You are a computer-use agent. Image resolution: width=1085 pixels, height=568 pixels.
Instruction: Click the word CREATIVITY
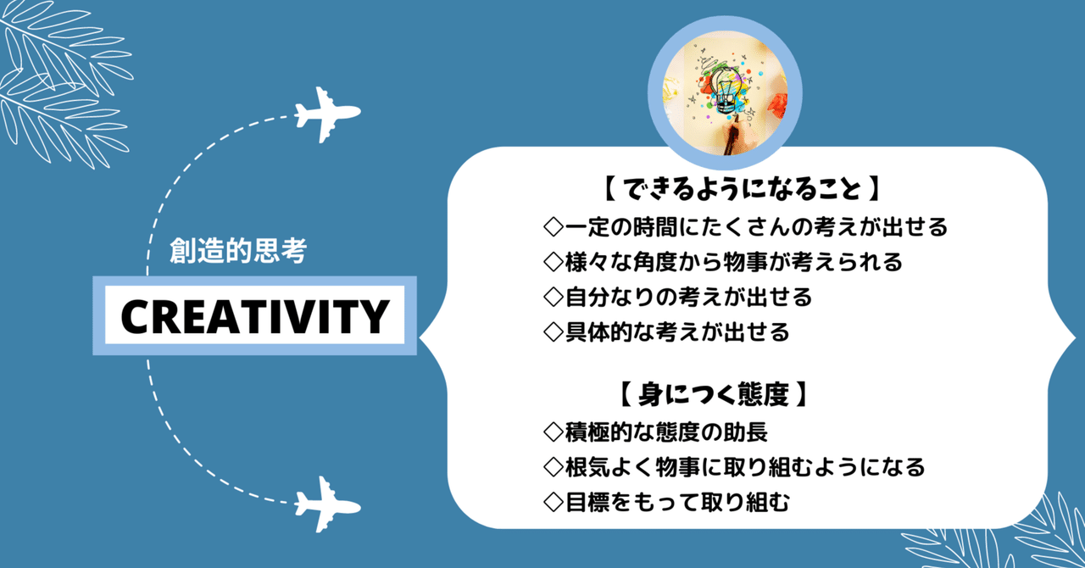tap(253, 315)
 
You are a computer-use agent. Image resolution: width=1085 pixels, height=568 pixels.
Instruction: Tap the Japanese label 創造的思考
tap(237, 252)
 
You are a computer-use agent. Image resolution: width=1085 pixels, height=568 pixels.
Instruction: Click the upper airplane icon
tap(326, 113)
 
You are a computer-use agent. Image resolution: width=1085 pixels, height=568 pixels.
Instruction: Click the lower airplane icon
tap(326, 504)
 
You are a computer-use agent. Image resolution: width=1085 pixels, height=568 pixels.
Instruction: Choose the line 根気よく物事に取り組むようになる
tap(745, 467)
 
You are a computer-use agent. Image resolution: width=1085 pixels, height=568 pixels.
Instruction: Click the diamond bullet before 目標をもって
tap(554, 502)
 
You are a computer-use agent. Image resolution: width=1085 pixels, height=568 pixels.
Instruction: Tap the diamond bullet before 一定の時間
tap(554, 227)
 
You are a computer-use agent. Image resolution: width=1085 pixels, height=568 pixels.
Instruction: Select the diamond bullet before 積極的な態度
tap(554, 432)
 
